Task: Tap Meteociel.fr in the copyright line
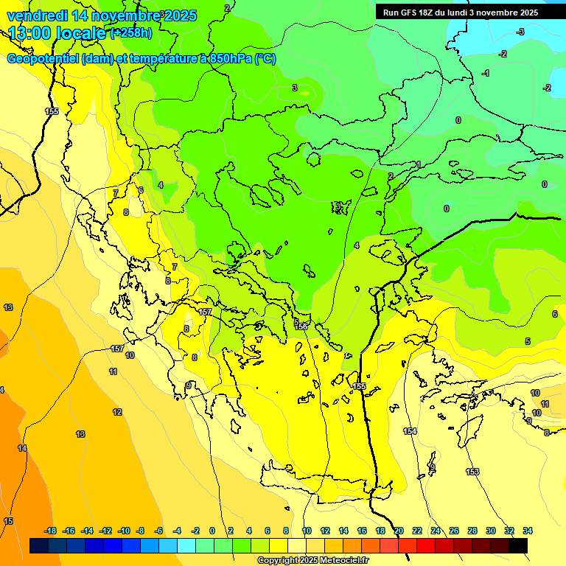(340, 560)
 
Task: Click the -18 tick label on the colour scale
(50, 531)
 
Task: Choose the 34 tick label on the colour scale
(527, 531)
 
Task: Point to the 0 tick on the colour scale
(212, 531)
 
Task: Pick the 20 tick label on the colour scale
(399, 531)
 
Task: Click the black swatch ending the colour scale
(517, 545)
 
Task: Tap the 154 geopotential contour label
(410, 431)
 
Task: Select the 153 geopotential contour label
(472, 472)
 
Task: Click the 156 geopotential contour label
(301, 326)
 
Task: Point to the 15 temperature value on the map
(8, 521)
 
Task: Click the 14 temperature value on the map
(22, 448)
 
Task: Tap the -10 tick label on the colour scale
(123, 531)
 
